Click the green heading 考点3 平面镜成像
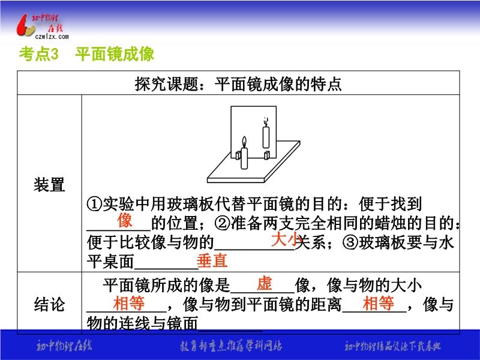(86, 54)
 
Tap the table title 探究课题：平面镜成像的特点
(238, 83)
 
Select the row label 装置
(49, 185)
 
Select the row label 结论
(49, 304)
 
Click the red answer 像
(125, 220)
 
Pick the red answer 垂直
(212, 261)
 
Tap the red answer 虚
(264, 283)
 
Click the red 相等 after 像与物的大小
(129, 304)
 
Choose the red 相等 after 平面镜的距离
(379, 304)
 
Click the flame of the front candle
(244, 142)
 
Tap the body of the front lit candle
(244, 158)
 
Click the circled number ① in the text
(94, 204)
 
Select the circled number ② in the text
(222, 223)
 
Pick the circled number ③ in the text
(350, 242)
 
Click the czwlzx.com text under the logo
(52, 37)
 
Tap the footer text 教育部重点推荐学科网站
(231, 346)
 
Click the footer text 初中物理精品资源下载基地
(393, 346)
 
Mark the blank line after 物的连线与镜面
(230, 331)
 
